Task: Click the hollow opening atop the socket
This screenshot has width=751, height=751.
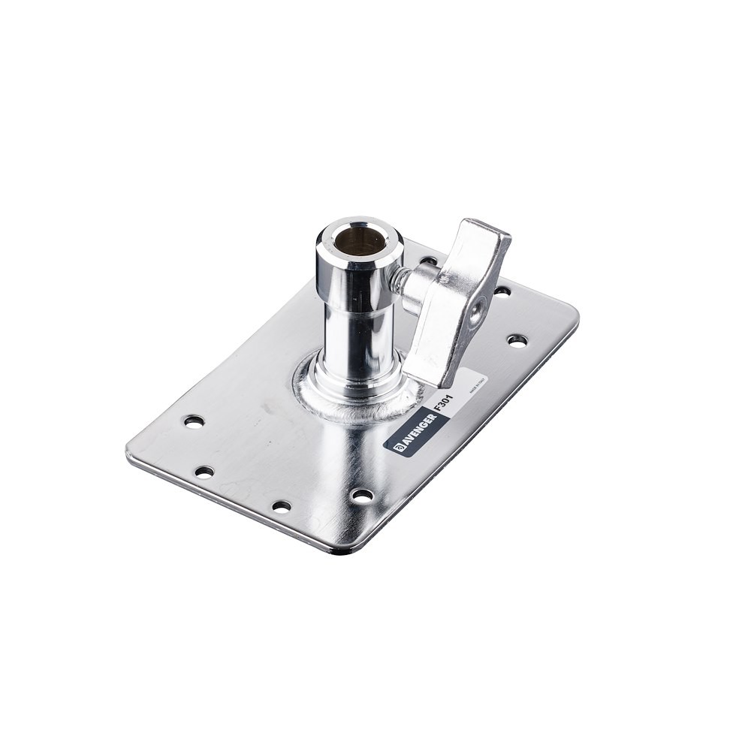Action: [360, 240]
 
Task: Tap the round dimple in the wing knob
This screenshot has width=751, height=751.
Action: [477, 309]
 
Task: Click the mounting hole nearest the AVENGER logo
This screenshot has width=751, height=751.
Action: [362, 495]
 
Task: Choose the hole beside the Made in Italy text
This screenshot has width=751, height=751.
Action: [517, 340]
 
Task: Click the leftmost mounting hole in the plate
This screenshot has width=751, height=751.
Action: [194, 421]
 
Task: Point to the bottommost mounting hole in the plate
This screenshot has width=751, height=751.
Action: [281, 506]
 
